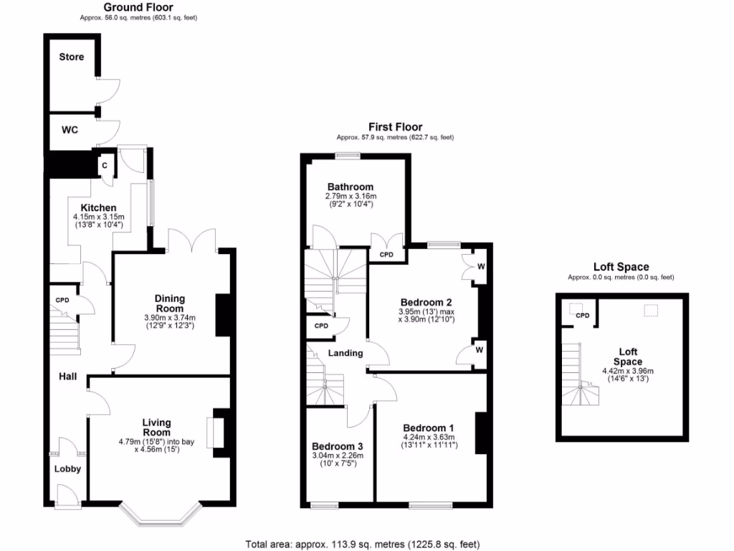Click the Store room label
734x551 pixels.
[71, 57]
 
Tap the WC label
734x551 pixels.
[70, 130]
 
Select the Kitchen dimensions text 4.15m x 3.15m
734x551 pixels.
[99, 217]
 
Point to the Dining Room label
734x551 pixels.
[170, 303]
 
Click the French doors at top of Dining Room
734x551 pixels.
[191, 240]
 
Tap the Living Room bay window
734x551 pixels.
[159, 515]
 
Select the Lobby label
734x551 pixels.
[68, 469]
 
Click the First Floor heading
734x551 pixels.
[395, 127]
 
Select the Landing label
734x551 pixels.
[345, 353]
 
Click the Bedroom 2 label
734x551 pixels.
[425, 302]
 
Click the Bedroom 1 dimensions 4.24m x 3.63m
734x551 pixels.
[429, 436]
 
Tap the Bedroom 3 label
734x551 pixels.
[335, 446]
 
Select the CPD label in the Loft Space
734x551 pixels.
[582, 316]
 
